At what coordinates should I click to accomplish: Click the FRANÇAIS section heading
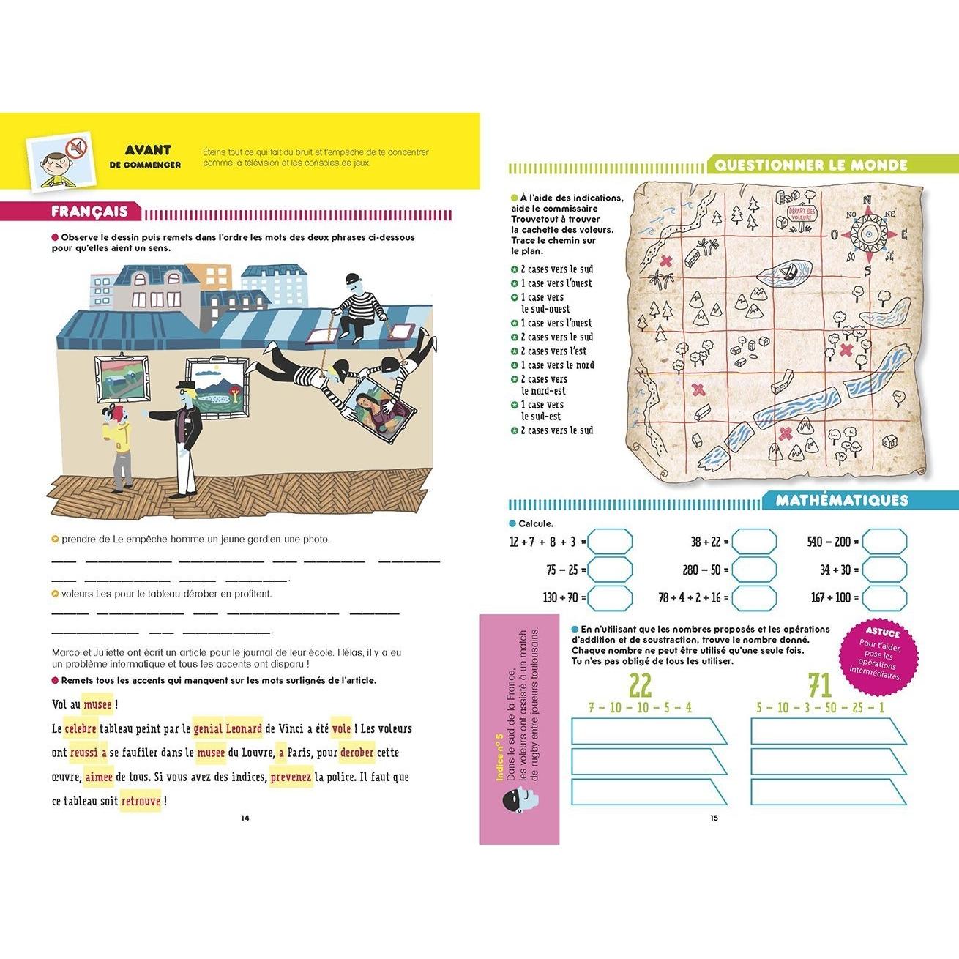[89, 212]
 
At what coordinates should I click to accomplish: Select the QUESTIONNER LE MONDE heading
[810, 165]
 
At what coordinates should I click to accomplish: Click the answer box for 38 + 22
[754, 542]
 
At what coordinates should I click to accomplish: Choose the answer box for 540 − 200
[884, 542]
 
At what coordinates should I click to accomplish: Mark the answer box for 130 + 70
[610, 597]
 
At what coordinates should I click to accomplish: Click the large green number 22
[640, 686]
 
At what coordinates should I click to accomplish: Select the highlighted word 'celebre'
[81, 729]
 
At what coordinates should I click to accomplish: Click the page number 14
[245, 818]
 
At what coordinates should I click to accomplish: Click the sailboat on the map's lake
[789, 275]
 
